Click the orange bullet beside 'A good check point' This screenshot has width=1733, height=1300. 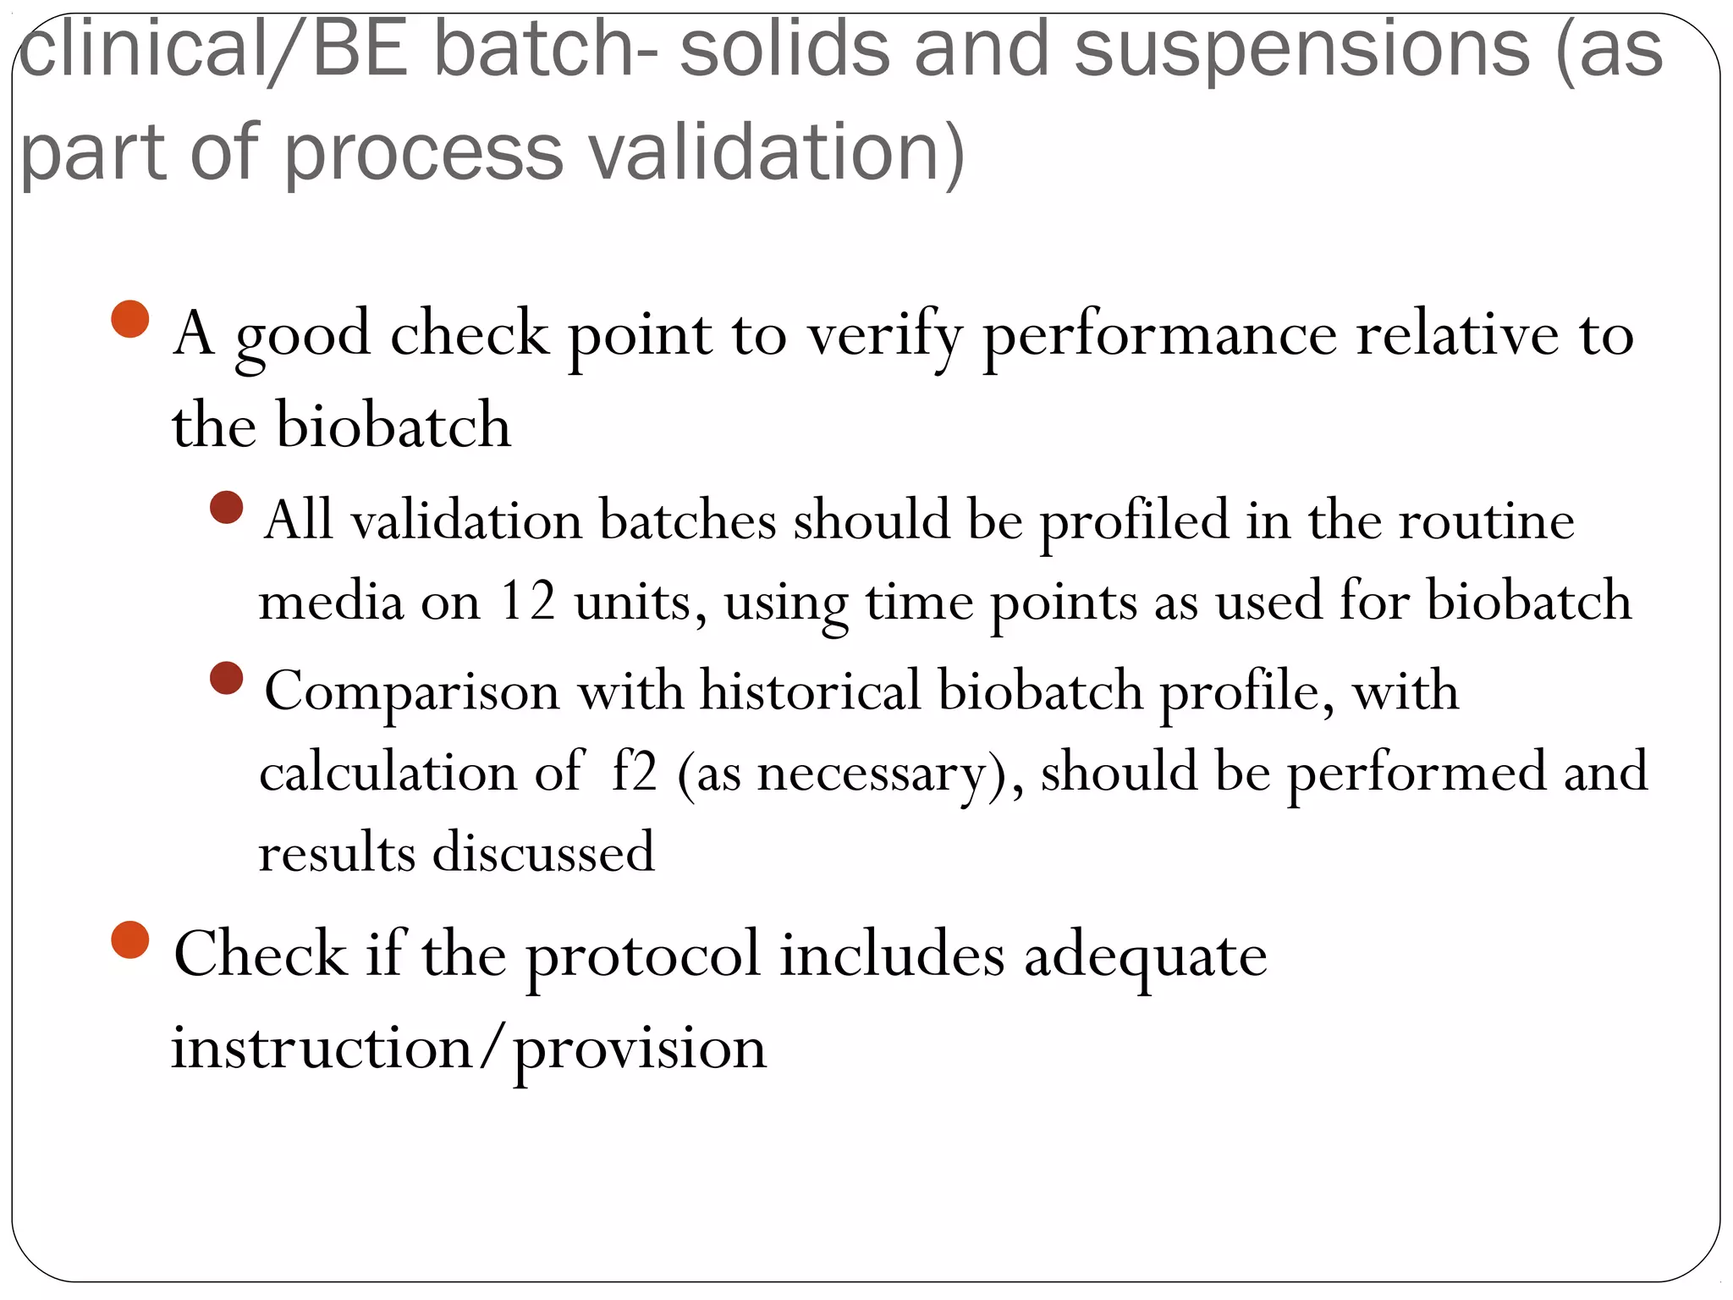pyautogui.click(x=130, y=320)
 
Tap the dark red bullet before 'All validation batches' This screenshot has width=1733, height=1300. pyautogui.click(x=226, y=509)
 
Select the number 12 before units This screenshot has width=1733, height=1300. pyautogui.click(x=527, y=601)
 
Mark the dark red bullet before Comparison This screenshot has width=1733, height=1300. pyautogui.click(x=226, y=679)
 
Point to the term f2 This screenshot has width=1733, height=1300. pyautogui.click(x=634, y=771)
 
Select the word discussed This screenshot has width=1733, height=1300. pyautogui.click(x=543, y=852)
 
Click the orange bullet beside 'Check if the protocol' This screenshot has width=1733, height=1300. pyautogui.click(x=130, y=939)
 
